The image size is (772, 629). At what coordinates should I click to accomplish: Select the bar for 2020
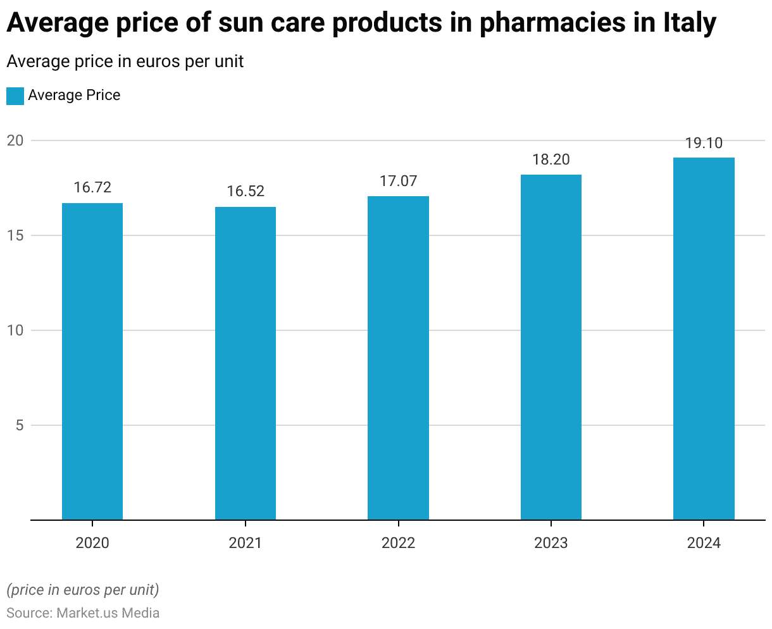pos(92,361)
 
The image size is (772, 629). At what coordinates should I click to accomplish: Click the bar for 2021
pos(246,363)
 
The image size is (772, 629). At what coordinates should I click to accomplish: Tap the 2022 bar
pos(398,358)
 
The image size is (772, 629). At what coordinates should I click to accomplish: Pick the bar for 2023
pos(551,347)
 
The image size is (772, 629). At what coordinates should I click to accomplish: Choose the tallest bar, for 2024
pos(704,339)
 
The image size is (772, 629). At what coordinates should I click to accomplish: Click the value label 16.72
pos(92,187)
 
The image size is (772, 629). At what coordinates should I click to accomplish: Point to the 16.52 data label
pos(246,191)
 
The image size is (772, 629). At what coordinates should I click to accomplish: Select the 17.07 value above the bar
pos(398,181)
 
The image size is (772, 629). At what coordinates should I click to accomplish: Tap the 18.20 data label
pos(551,159)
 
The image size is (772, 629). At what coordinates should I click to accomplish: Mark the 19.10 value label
pos(704,143)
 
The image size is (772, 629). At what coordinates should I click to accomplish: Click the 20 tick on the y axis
pos(15,140)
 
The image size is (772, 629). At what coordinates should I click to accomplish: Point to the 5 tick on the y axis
pos(20,425)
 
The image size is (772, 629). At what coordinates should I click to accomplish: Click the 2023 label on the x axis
pos(551,543)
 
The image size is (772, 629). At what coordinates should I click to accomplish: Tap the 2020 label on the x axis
pos(92,543)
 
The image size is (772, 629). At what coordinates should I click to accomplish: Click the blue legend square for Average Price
pos(15,96)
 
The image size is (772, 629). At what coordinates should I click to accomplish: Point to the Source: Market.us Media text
pos(83,613)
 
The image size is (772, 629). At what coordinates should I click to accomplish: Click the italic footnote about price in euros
pos(83,590)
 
